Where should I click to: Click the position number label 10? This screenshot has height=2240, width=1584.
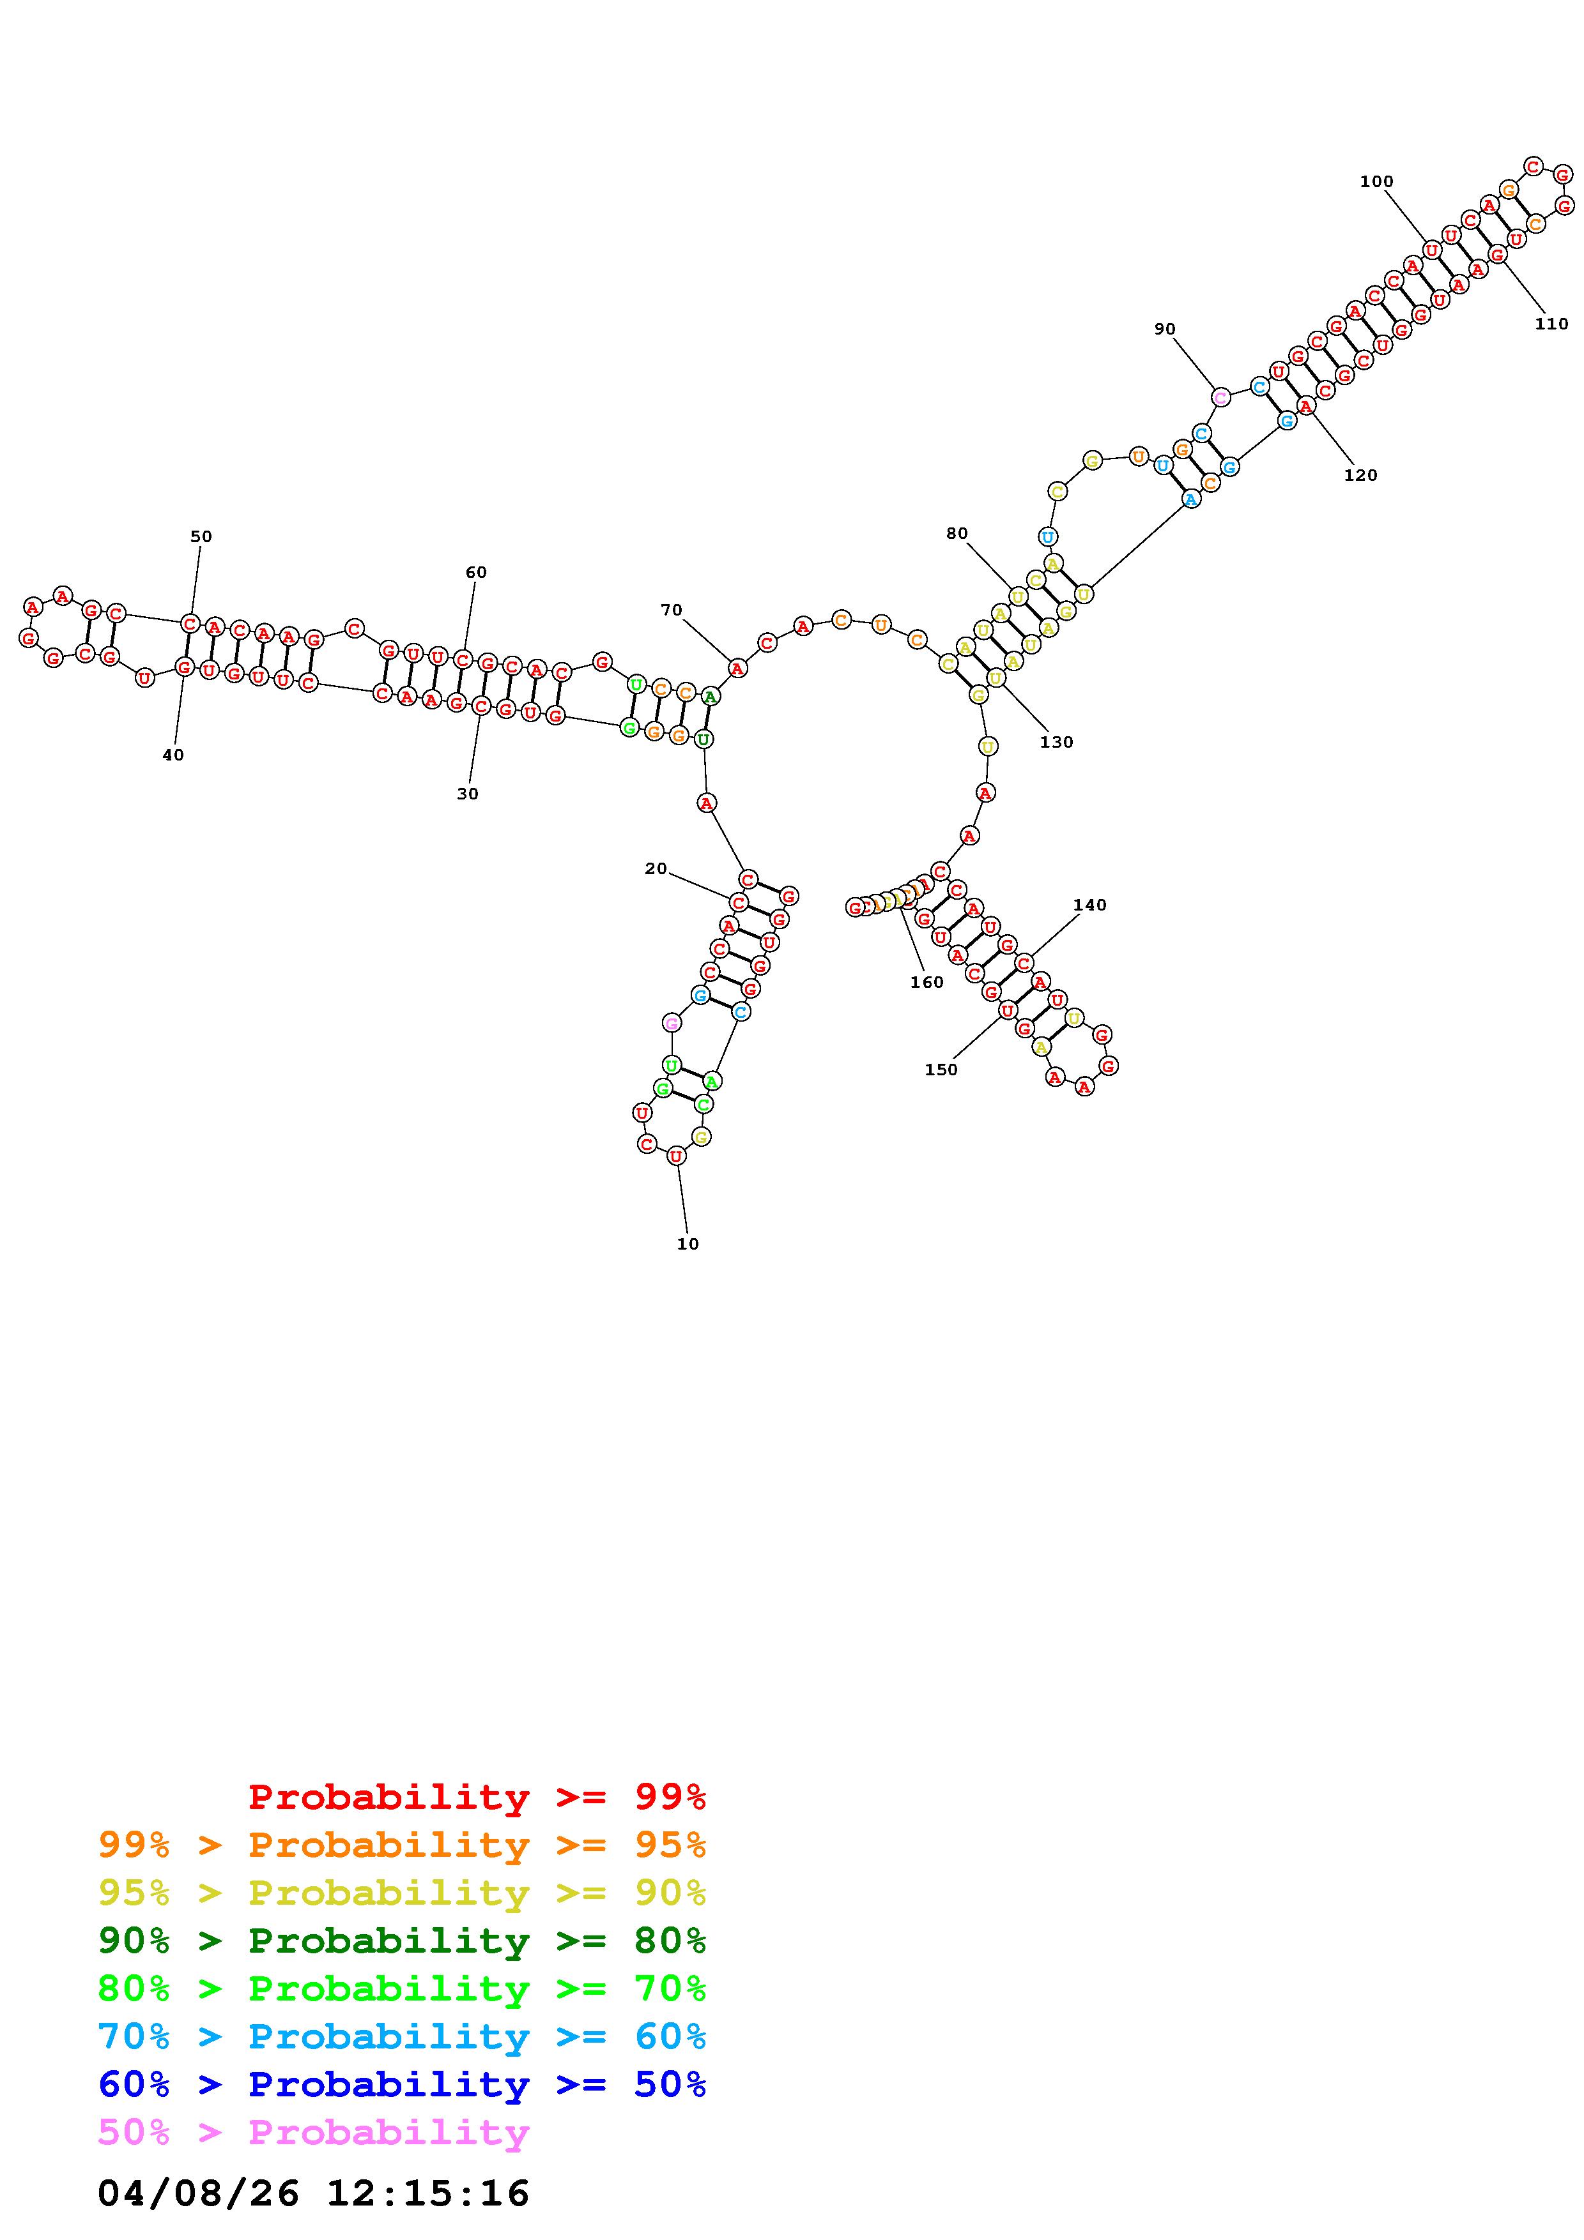[688, 1244]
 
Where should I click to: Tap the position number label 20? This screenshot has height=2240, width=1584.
[656, 868]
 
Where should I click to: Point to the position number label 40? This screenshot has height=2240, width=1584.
[173, 754]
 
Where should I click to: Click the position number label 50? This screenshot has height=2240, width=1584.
[201, 536]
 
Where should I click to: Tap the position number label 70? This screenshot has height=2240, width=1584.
[672, 610]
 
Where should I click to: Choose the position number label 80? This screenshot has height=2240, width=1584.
[957, 533]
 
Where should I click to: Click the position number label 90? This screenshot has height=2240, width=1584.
[1165, 329]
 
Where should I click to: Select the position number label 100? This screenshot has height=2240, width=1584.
[1376, 181]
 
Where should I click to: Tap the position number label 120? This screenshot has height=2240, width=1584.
[1360, 475]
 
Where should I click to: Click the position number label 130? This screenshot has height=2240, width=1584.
[1056, 741]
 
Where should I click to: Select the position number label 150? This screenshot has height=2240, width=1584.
[941, 1070]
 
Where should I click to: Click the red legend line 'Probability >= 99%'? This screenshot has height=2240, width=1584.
[476, 1796]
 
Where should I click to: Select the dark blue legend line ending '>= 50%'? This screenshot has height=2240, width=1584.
[401, 2084]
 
